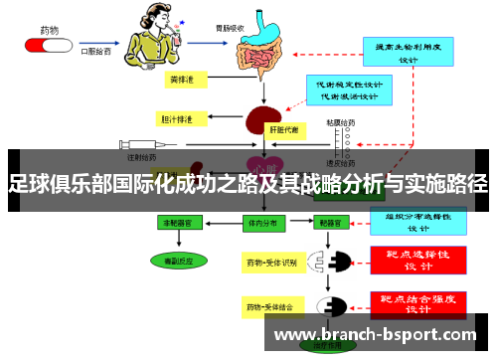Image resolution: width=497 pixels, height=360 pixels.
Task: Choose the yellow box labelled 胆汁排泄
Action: click(179, 119)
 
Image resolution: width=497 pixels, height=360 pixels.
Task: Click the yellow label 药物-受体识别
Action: click(271, 263)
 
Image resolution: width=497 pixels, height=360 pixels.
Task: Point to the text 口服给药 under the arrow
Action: click(95, 53)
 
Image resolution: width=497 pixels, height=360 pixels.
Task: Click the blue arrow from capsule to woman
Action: click(99, 43)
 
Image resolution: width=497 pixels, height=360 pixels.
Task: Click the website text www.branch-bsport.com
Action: click(379, 334)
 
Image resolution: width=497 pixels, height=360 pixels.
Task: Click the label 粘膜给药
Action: click(341, 125)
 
